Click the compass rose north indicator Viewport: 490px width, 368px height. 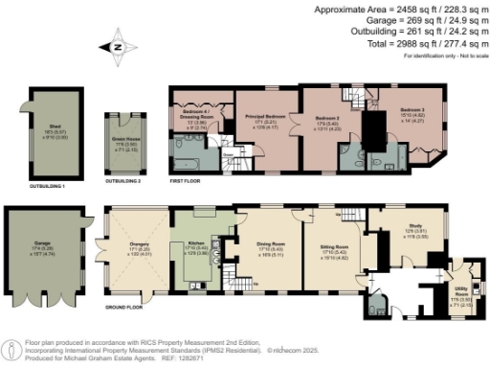[x=116, y=46]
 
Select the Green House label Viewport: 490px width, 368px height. [x=122, y=142]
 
